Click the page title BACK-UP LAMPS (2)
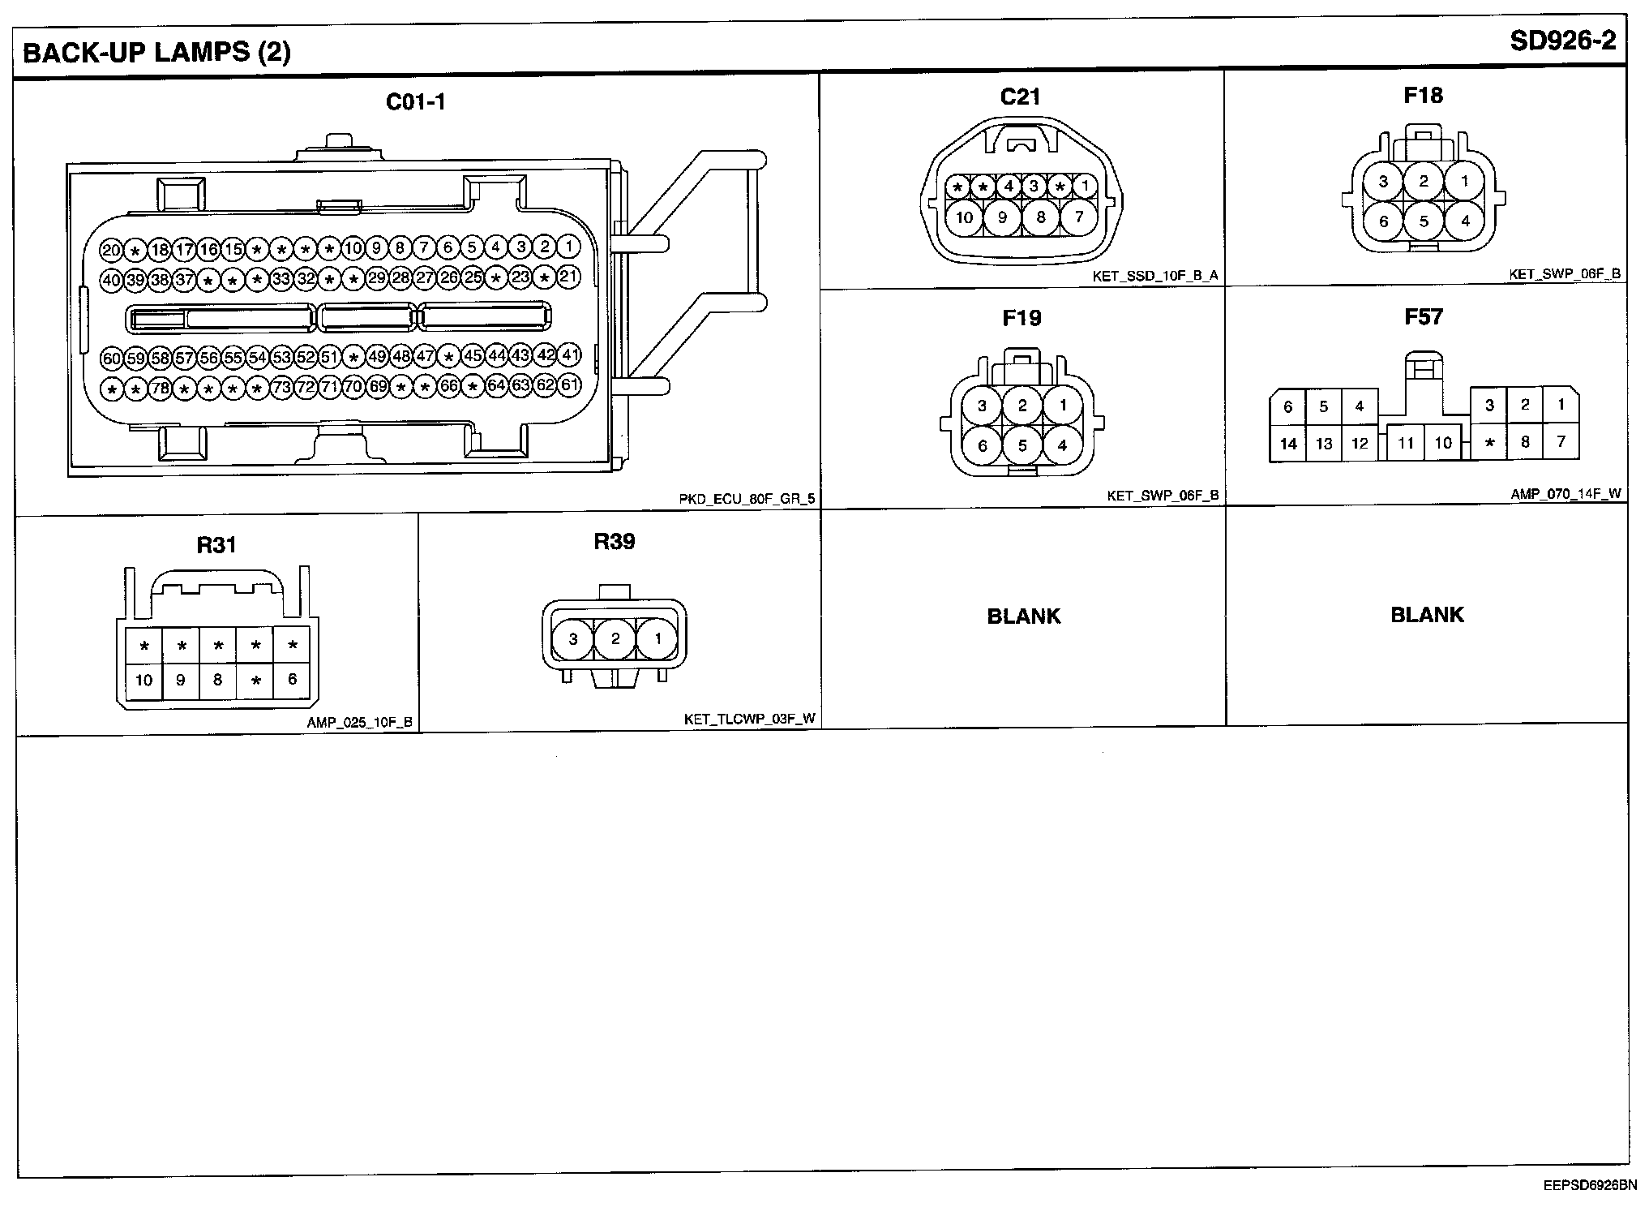point(156,53)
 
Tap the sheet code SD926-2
point(1562,42)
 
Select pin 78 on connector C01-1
point(161,388)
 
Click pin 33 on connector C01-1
point(281,279)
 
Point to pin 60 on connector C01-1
point(112,357)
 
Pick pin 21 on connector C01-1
point(569,277)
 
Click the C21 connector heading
point(1020,97)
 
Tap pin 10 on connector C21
point(964,217)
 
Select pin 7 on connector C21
point(1078,217)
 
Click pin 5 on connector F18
point(1424,221)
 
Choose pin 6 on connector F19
point(983,445)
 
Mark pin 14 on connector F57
point(1288,444)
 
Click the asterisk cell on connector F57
point(1489,444)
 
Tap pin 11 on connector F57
point(1406,444)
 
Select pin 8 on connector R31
point(217,680)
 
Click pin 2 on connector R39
point(615,639)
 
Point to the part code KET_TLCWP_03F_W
point(749,719)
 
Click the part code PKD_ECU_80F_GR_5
point(747,499)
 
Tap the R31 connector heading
point(216,545)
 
